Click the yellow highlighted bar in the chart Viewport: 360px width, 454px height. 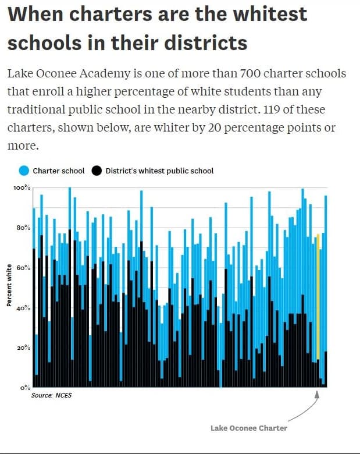click(x=318, y=296)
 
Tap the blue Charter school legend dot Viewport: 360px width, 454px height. click(x=24, y=171)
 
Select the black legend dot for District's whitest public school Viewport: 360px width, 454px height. click(x=97, y=171)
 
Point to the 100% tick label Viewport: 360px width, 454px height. click(x=22, y=187)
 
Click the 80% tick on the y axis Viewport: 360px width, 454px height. click(x=23, y=228)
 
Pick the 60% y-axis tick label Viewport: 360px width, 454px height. click(x=23, y=268)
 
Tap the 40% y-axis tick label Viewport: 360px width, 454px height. click(x=23, y=308)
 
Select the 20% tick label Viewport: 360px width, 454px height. click(x=23, y=347)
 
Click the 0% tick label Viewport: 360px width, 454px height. click(x=26, y=388)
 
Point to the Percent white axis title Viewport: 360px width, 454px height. click(x=9, y=285)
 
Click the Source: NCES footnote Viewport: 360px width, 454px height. click(x=51, y=395)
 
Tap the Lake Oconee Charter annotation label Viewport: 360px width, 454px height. click(x=249, y=428)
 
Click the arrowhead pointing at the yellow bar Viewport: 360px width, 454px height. click(x=317, y=395)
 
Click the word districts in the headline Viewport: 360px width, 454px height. click(x=205, y=43)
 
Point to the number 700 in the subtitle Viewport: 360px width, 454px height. click(x=249, y=73)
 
